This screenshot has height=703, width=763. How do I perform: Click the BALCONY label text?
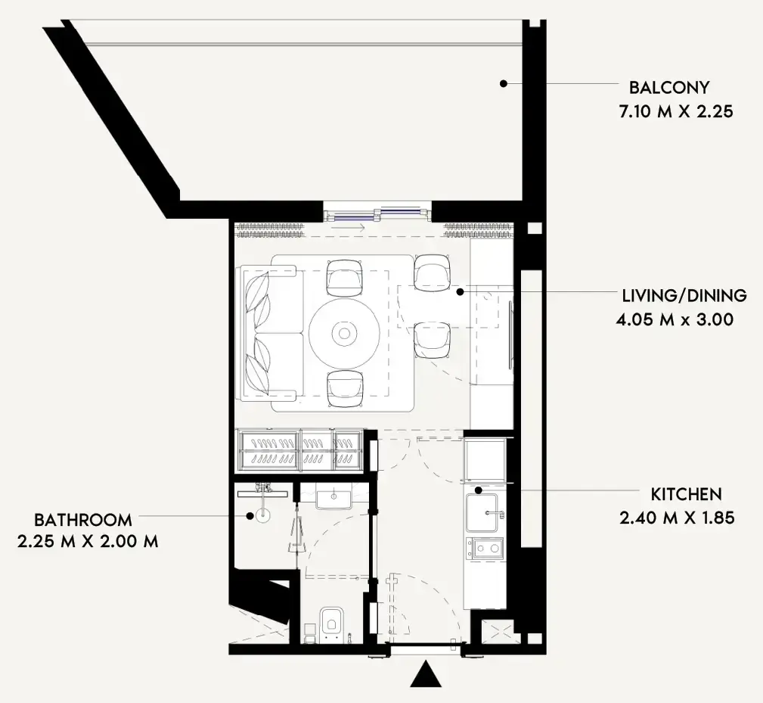tap(669, 88)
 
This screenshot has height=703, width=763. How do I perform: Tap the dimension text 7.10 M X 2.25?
tap(676, 111)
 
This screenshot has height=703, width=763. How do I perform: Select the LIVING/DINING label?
tap(684, 296)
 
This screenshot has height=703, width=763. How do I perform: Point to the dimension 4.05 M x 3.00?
tap(675, 320)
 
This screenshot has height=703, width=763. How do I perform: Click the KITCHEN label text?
tap(686, 494)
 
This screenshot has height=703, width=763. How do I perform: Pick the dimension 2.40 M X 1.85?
tap(677, 518)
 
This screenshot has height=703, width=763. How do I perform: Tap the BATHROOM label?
tap(83, 520)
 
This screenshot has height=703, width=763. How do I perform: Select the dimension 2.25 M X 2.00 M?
tap(88, 541)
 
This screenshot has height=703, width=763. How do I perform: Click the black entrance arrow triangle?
tap(426, 673)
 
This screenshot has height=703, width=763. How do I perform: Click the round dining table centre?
tap(344, 334)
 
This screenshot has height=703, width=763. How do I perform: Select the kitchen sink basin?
tap(482, 512)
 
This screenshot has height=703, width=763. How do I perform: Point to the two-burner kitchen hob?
tap(486, 548)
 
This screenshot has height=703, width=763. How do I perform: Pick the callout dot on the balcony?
tap(504, 84)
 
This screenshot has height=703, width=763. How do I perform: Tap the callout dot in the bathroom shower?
tap(250, 515)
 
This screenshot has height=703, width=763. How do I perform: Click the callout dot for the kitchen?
tap(479, 490)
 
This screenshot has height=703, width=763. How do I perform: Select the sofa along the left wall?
tap(270, 333)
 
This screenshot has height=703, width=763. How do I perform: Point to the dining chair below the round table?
tap(345, 388)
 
